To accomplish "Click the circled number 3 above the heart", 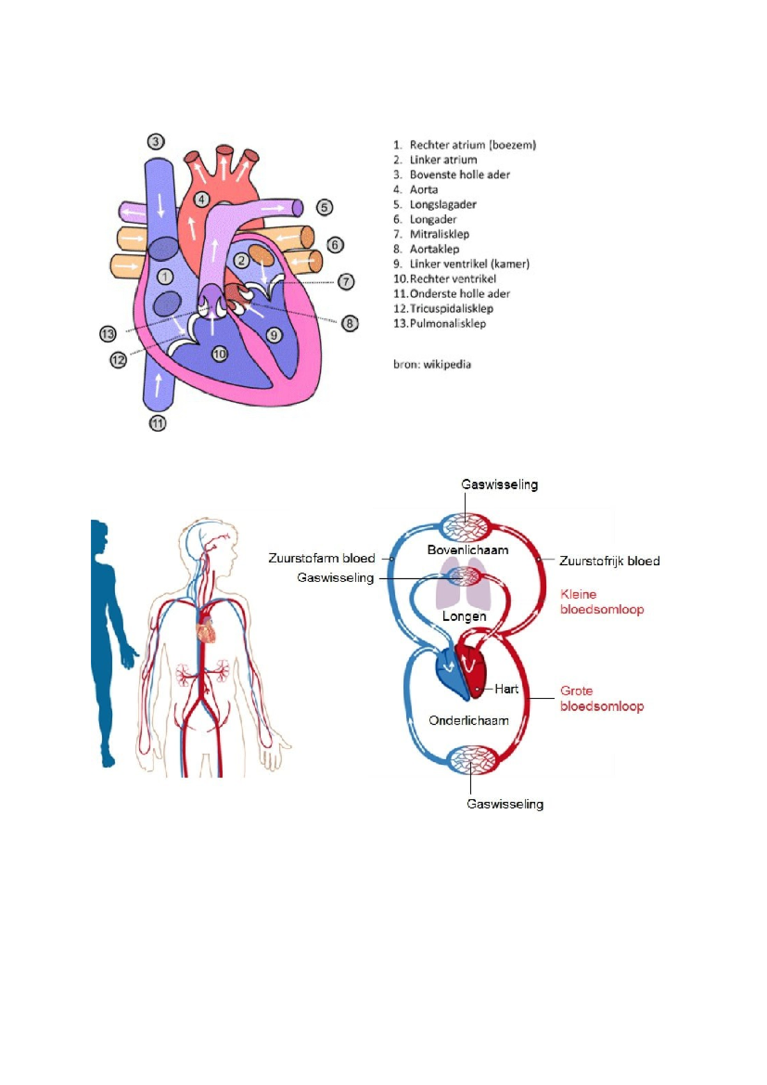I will tap(156, 141).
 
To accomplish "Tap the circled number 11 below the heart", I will tap(158, 423).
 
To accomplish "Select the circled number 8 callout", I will tap(350, 324).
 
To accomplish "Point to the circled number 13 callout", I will tap(107, 333).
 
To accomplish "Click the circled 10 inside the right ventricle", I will tap(220, 354).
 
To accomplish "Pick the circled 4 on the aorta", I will tap(202, 199).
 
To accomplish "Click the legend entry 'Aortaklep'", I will tap(434, 249).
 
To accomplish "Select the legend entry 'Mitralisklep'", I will tap(439, 234).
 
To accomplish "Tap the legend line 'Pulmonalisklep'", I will tap(447, 323).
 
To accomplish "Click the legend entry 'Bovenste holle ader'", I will tap(460, 175).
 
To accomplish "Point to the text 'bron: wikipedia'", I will tap(432, 365).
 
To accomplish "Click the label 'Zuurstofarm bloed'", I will tap(322, 558).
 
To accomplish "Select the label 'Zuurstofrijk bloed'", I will tap(609, 561).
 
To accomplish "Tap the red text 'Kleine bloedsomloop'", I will tap(601, 602).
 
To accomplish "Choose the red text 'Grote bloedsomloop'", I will tap(601, 699).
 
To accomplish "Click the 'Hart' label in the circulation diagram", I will tap(506, 689).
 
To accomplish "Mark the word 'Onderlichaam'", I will tap(469, 721).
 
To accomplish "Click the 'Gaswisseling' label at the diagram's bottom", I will tap(505, 804).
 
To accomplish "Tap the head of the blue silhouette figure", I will tap(99, 536).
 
